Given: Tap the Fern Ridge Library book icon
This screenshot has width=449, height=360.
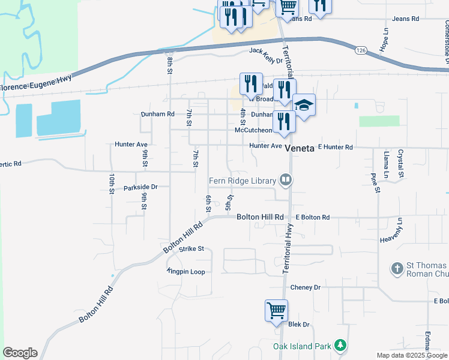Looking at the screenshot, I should tap(286, 180).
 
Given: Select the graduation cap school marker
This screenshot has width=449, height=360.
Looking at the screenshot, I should tap(304, 106).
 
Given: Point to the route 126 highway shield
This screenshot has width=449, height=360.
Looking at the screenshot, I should tap(360, 50).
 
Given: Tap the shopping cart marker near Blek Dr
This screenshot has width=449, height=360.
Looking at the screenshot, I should tap(276, 311).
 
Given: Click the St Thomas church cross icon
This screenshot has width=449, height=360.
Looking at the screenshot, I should tap(397, 269).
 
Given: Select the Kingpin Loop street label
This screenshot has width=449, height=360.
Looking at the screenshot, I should tap(187, 272).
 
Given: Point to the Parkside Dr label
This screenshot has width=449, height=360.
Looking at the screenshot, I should tap(140, 187).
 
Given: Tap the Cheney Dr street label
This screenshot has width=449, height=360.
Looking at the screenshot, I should tap(306, 288).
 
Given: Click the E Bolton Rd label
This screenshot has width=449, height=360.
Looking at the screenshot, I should tap(313, 217).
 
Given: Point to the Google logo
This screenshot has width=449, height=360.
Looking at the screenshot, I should tap(20, 353).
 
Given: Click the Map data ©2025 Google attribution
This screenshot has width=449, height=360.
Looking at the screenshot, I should tap(412, 355).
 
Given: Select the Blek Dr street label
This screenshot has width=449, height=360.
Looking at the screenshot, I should tap(298, 325).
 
